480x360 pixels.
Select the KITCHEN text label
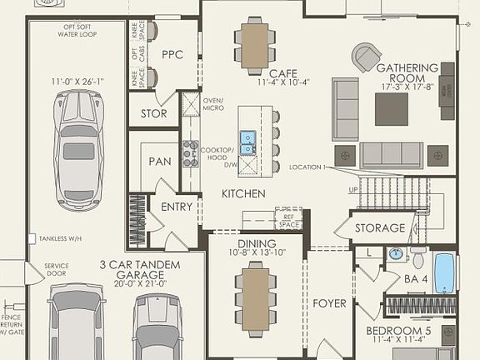(243, 193)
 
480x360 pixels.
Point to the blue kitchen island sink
(247, 143)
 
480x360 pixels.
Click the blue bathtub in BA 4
(444, 272)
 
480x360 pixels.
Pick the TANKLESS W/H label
(62, 238)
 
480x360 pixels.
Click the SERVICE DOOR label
(57, 271)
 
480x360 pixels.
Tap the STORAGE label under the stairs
(380, 227)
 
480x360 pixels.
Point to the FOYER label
(329, 303)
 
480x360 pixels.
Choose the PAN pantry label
(160, 161)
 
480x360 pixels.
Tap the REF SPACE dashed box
(289, 218)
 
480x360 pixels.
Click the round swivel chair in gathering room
(365, 58)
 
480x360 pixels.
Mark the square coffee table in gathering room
(391, 108)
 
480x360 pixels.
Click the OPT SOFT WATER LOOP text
(78, 30)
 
